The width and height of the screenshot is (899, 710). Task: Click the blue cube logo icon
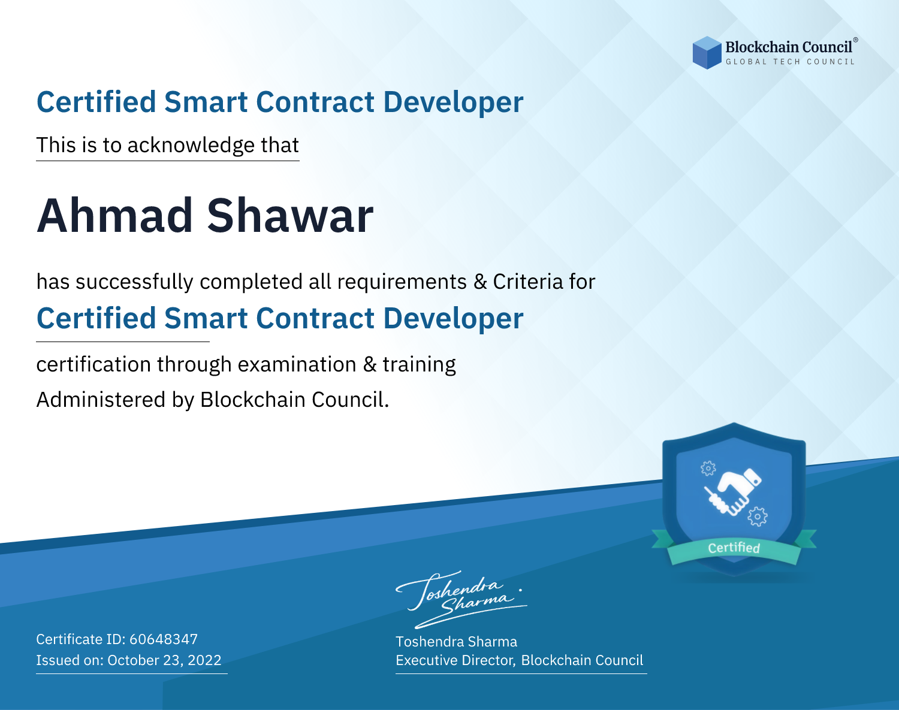point(707,53)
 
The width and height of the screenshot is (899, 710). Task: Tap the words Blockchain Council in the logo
point(789,47)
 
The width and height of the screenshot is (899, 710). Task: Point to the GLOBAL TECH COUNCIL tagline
point(790,62)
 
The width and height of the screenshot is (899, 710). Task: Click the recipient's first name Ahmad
point(115,216)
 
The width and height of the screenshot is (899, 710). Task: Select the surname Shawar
point(290,216)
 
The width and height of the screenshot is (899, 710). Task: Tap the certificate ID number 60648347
point(164,639)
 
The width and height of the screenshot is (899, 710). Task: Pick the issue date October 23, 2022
point(164,660)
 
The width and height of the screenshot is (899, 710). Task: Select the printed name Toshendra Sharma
point(456,642)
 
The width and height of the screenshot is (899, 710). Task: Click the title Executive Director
point(454,660)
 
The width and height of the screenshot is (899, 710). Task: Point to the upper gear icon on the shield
point(708,469)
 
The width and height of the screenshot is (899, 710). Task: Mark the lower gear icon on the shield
point(758,516)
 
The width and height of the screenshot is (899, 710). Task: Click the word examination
point(297,364)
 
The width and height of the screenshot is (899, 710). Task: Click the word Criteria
point(527,282)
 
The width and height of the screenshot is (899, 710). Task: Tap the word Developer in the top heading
point(453,103)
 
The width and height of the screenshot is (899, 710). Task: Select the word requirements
point(402,282)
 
